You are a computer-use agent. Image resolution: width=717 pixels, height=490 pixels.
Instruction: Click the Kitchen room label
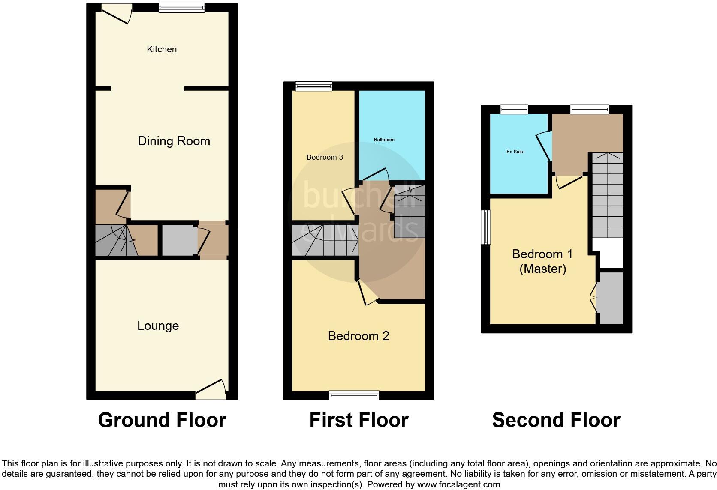(162, 49)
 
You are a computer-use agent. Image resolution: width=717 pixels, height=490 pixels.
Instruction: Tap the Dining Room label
(174, 141)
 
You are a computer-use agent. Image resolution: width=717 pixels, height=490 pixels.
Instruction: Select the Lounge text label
(158, 326)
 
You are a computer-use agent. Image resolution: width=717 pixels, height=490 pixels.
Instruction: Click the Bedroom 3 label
(325, 157)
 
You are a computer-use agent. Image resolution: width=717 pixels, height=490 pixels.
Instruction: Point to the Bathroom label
(384, 140)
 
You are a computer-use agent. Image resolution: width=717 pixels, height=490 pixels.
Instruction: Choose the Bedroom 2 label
(358, 336)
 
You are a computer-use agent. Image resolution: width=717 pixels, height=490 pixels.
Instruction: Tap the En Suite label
(515, 152)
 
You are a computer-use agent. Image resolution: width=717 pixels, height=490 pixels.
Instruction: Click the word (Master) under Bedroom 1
(542, 269)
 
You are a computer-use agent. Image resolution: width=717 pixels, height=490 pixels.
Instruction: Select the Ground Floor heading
(162, 420)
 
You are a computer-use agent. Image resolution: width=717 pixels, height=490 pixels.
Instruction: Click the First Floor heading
(358, 420)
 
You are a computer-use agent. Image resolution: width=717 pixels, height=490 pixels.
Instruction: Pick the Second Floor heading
(556, 420)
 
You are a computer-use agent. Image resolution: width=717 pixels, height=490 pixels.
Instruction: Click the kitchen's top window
(181, 8)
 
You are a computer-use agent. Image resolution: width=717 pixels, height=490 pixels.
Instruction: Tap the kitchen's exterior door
(117, 13)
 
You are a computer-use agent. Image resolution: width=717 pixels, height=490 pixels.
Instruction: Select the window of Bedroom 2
(354, 395)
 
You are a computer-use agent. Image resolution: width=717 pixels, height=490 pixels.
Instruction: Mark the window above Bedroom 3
(313, 86)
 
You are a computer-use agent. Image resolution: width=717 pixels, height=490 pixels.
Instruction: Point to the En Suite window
(514, 109)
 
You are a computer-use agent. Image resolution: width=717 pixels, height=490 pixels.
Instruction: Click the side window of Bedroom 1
(485, 227)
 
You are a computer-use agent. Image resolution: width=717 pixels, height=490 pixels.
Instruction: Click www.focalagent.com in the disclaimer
(458, 485)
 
